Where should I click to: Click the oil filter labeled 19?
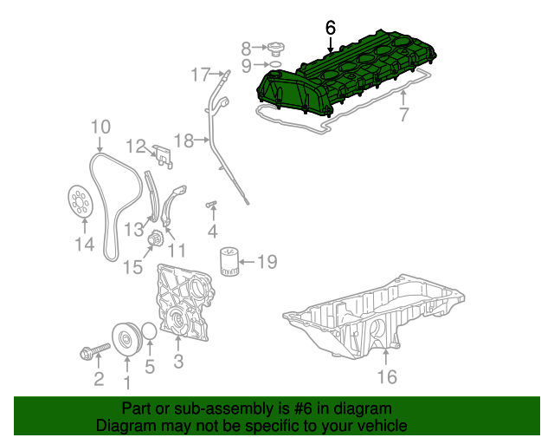(229, 261)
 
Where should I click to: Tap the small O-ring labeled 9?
(274, 64)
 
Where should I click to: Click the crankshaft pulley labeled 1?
(127, 338)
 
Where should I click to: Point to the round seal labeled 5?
(149, 333)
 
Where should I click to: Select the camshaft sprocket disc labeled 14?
(82, 202)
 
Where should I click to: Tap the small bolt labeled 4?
(210, 206)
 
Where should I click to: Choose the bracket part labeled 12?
(163, 153)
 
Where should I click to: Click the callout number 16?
(387, 377)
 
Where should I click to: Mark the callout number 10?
(100, 127)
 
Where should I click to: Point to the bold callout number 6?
(330, 28)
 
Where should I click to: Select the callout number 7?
(403, 115)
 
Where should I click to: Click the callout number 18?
(184, 140)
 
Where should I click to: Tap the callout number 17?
(201, 74)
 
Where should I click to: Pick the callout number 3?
(178, 361)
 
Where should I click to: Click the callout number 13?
(132, 229)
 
